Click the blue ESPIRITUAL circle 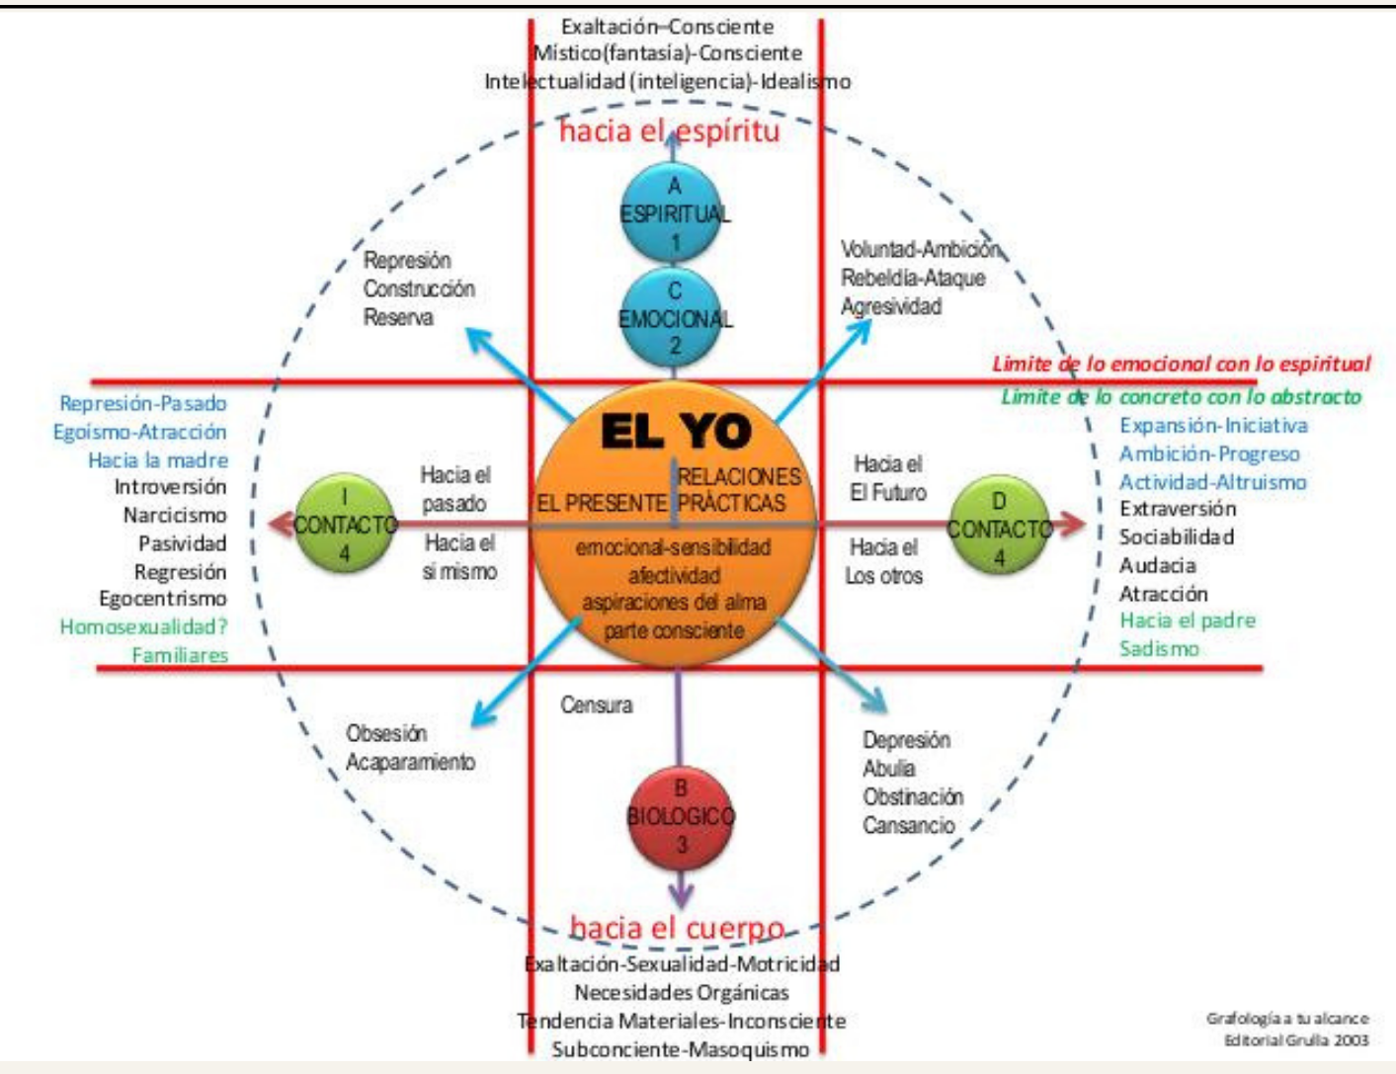coord(675,213)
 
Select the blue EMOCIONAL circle coord(675,318)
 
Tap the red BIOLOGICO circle coord(681,816)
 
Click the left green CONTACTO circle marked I coord(344,525)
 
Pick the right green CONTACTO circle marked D coord(999,529)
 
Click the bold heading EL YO coord(676,432)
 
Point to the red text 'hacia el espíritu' coord(669,130)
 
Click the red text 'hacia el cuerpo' coord(677,928)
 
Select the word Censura coord(596,704)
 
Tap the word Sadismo coord(1159,649)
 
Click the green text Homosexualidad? coord(143,626)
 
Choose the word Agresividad coord(890,306)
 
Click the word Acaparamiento coord(410,762)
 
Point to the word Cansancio coord(908,825)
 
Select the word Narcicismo coord(174,515)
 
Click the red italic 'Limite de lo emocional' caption coord(1181,364)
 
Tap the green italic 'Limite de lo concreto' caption coord(1181,397)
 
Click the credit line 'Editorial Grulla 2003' coord(1296,1039)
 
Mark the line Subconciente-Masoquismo coord(680,1049)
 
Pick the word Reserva coord(398,317)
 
